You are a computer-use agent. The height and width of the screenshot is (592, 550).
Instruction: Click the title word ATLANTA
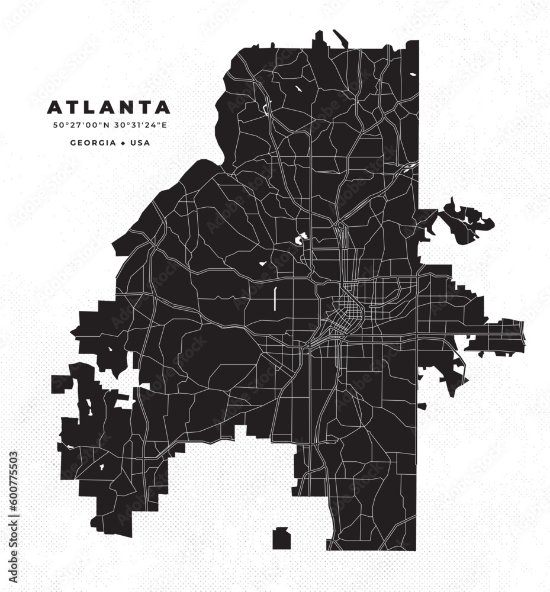coord(108,108)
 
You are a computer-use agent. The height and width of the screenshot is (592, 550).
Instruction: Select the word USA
coord(140,143)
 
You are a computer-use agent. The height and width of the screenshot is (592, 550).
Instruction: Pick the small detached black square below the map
coord(281,539)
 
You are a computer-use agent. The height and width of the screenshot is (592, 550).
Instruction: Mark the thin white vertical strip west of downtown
coord(275,299)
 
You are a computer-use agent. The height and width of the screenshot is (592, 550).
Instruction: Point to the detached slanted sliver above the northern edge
coord(341,38)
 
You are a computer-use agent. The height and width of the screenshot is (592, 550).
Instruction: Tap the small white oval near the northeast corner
coord(413,75)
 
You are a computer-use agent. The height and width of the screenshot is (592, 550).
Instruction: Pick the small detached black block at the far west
coord(61,383)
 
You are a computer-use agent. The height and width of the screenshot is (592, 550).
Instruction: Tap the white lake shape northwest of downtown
coord(301,238)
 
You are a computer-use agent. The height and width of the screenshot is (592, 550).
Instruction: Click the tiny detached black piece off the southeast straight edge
coord(422,406)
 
